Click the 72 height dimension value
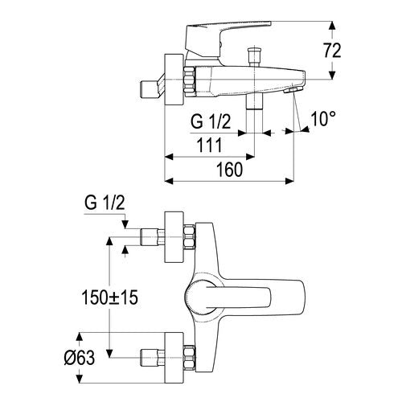(x=332, y=51)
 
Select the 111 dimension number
(x=210, y=145)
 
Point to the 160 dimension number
(x=230, y=170)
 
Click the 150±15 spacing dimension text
(x=110, y=297)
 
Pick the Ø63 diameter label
(x=80, y=358)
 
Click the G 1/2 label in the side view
(x=211, y=121)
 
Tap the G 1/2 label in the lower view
(x=105, y=203)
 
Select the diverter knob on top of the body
(x=254, y=56)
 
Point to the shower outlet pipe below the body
(x=254, y=101)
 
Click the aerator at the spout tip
(x=293, y=90)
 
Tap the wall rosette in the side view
(x=174, y=80)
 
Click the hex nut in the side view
(x=190, y=80)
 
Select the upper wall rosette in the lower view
(x=174, y=237)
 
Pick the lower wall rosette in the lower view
(x=174, y=358)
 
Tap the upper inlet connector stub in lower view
(x=152, y=237)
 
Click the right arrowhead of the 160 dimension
(x=289, y=181)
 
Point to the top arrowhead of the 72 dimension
(x=332, y=26)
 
